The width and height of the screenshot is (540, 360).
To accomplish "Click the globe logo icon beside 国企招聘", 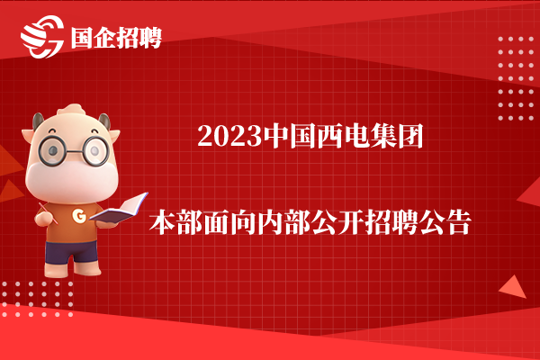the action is [x=42, y=37].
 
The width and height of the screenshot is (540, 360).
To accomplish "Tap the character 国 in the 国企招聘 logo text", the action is [x=83, y=38].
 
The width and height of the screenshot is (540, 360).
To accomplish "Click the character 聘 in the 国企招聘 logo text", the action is [x=150, y=38].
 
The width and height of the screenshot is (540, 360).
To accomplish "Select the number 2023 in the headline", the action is [x=229, y=137].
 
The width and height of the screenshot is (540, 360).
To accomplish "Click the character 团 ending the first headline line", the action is [x=410, y=137].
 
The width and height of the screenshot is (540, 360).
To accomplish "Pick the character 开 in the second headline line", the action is [x=351, y=222].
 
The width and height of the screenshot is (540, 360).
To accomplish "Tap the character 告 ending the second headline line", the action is [x=458, y=222].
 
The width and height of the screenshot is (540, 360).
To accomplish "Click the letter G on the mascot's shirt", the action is [x=79, y=216].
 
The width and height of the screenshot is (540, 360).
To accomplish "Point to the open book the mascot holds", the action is [x=119, y=209].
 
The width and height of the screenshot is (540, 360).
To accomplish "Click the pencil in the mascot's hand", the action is [x=48, y=212].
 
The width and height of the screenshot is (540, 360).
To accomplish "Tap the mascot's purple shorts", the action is [x=72, y=252].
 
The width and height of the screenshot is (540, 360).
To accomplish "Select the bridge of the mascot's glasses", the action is [x=75, y=151].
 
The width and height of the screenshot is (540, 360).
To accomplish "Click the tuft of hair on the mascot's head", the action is [x=71, y=109].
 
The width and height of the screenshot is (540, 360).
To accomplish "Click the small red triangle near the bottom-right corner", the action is [x=514, y=288].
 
